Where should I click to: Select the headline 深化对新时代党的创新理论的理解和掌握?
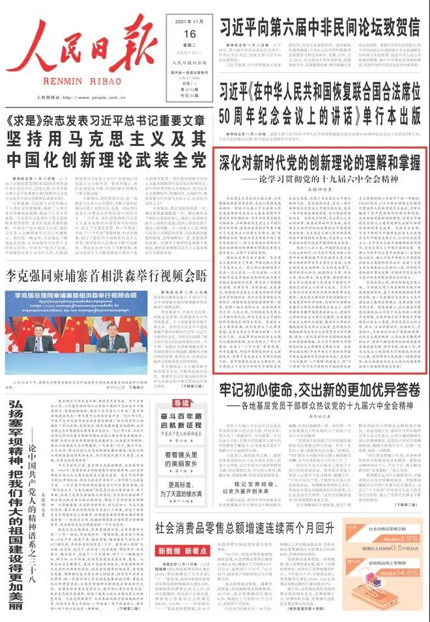click(319, 161)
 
